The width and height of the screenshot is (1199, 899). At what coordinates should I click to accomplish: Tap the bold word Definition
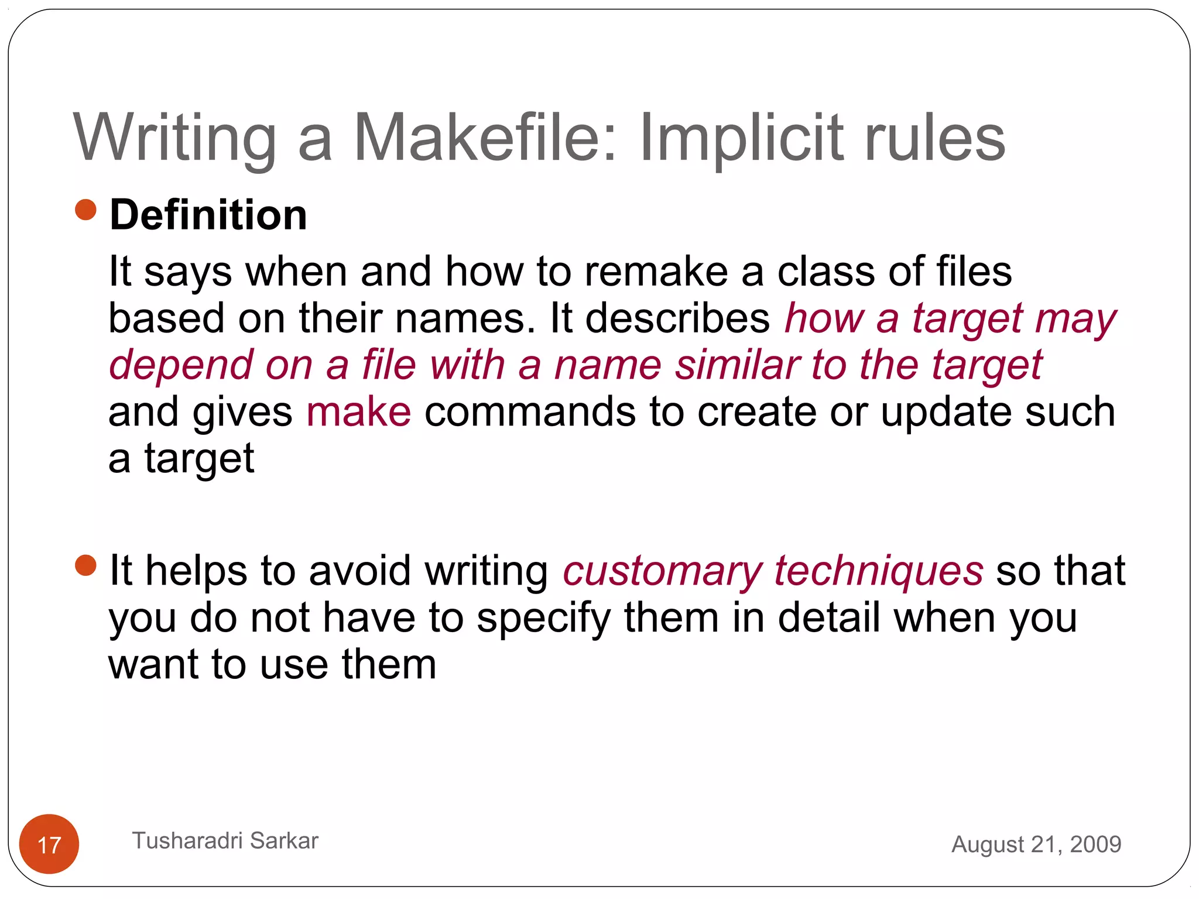208,215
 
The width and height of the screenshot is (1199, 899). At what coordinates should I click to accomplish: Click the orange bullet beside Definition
86,210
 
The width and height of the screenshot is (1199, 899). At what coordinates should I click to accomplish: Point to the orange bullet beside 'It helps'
86,565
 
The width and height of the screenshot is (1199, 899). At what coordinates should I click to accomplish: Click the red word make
358,411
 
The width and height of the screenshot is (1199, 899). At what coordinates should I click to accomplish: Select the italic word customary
662,571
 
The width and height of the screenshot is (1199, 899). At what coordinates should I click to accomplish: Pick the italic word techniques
879,571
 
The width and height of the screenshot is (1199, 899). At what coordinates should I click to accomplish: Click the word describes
677,318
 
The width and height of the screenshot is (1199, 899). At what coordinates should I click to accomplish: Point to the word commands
530,411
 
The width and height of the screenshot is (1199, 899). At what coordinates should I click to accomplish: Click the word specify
543,619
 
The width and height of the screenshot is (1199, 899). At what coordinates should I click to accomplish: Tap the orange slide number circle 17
49,844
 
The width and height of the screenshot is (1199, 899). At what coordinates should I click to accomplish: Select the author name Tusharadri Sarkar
225,840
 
